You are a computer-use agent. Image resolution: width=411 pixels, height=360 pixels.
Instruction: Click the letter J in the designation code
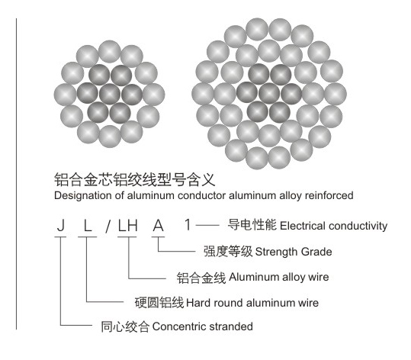click(61, 225)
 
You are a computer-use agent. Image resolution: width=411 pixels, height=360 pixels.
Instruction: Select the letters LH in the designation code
click(127, 225)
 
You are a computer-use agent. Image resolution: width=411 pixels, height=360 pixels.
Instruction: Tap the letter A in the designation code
click(159, 225)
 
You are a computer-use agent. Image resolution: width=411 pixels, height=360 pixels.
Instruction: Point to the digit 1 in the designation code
click(188, 225)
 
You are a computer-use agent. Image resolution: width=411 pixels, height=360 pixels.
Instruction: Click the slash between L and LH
click(108, 226)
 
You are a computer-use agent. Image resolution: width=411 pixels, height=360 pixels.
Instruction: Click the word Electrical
click(303, 226)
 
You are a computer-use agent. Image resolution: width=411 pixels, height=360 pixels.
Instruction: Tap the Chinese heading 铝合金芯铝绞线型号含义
click(134, 179)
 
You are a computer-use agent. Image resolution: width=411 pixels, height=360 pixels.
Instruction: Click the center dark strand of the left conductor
click(110, 94)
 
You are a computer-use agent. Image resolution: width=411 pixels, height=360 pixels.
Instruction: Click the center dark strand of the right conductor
click(269, 93)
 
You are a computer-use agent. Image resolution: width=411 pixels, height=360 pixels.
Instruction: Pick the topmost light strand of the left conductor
click(110, 52)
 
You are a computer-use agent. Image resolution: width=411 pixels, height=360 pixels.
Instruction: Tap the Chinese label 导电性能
click(252, 225)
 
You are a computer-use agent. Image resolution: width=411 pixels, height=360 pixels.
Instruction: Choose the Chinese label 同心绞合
click(126, 326)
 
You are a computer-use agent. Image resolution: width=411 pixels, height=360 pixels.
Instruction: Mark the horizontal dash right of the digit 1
click(207, 225)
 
